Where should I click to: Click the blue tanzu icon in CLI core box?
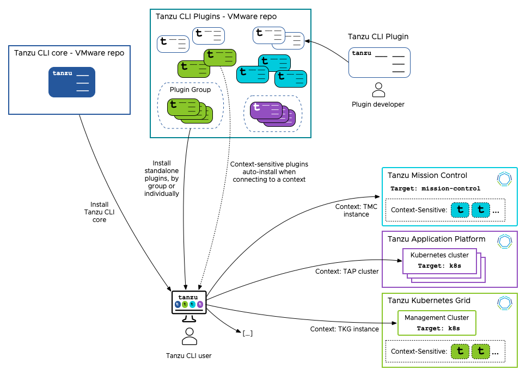pos(72,82)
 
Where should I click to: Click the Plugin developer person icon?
pos(378,89)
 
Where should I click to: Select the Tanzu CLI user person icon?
pos(189,337)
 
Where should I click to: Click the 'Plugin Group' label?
pos(190,89)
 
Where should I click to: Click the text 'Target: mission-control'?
pos(435,189)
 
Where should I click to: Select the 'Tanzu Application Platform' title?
pos(436,239)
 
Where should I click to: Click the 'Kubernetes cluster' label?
pos(439,255)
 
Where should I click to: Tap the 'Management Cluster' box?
pos(437,323)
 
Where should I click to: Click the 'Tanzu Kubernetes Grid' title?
pos(429,300)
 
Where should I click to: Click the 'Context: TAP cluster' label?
pos(347,271)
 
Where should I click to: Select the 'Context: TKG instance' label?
pos(344,329)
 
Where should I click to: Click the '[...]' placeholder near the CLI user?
pos(248,333)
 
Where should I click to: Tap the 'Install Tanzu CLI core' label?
pos(99,212)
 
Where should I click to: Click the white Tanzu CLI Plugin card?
pos(379,62)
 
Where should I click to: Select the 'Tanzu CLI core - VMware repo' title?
pos(69,53)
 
